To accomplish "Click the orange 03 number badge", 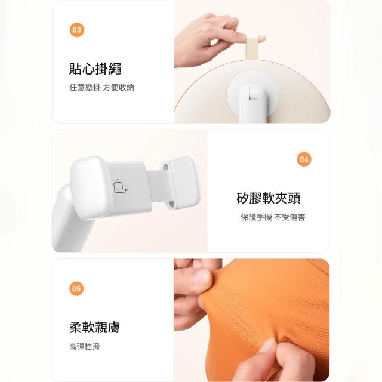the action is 77,30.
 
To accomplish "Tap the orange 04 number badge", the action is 304,159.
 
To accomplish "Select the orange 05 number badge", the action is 76,288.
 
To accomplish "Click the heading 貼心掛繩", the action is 95,69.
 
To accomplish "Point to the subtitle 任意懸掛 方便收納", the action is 102,87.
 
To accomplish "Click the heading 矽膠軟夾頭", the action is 268,198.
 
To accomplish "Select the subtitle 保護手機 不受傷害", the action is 273,217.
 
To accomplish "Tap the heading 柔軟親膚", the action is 94,327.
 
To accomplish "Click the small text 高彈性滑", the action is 84,346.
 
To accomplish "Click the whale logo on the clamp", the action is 120,187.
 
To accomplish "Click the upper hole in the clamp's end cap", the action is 166,167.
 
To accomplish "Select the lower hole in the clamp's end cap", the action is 171,203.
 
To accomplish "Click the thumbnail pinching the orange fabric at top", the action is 201,278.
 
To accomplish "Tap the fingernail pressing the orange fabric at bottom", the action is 268,346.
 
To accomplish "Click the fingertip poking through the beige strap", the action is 261,38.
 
